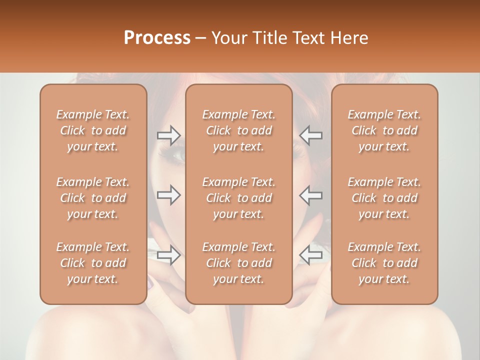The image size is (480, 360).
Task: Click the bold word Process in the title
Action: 157,38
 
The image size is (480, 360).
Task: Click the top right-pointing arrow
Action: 168,135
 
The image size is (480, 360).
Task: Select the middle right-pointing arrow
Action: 168,195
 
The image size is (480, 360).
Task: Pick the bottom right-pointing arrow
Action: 168,255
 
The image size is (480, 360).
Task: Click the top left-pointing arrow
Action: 311,135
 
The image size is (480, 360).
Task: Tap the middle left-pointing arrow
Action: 311,195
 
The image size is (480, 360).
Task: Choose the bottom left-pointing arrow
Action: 311,255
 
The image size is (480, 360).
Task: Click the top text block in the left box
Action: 93,130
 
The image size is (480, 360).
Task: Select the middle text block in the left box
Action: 93,198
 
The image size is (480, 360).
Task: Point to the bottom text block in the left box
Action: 93,263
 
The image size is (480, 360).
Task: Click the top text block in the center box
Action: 238,130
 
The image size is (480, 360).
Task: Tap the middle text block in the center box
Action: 238,198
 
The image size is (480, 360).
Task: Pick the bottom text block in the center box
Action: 238,263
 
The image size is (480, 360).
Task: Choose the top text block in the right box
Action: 384,130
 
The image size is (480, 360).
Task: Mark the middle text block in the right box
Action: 384,198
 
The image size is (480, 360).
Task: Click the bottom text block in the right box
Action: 384,263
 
